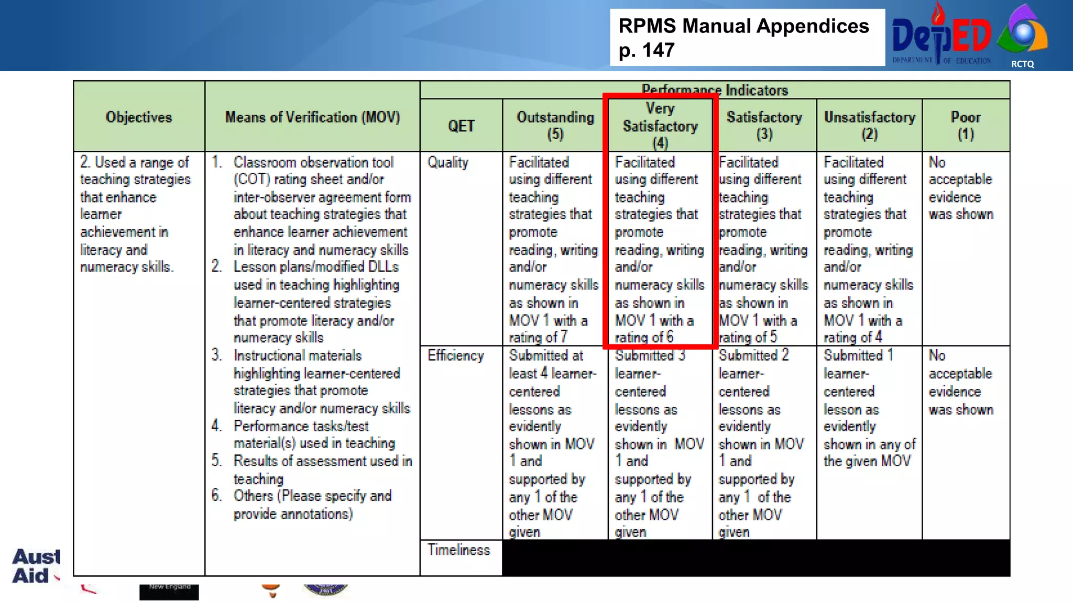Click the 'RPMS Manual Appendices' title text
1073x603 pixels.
[743, 26]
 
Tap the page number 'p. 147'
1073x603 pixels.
[647, 51]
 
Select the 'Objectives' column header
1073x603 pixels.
[139, 117]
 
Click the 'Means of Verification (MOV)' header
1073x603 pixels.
[312, 117]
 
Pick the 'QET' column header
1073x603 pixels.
[461, 126]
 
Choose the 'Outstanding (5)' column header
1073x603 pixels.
[555, 126]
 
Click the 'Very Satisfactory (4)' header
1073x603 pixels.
[660, 126]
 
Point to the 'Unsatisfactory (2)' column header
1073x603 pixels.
[870, 126]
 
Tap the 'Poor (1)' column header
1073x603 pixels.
[966, 126]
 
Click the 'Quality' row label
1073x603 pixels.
[448, 162]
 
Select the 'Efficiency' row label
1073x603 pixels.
[455, 356]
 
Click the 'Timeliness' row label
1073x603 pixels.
[459, 550]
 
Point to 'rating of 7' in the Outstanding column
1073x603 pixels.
[538, 338]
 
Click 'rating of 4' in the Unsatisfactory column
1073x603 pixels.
[853, 338]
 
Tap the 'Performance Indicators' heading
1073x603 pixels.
[715, 90]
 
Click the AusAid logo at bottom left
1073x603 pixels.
[36, 566]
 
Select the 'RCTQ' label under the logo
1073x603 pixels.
[1022, 64]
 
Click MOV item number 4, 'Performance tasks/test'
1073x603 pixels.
[301, 426]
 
